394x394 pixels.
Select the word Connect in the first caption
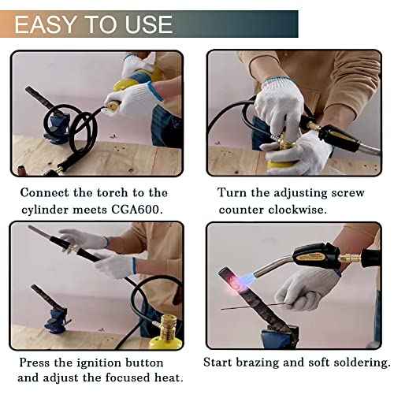click(47, 192)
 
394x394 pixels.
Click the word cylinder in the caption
click(43, 209)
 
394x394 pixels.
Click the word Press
click(37, 362)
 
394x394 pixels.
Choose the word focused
click(122, 378)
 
